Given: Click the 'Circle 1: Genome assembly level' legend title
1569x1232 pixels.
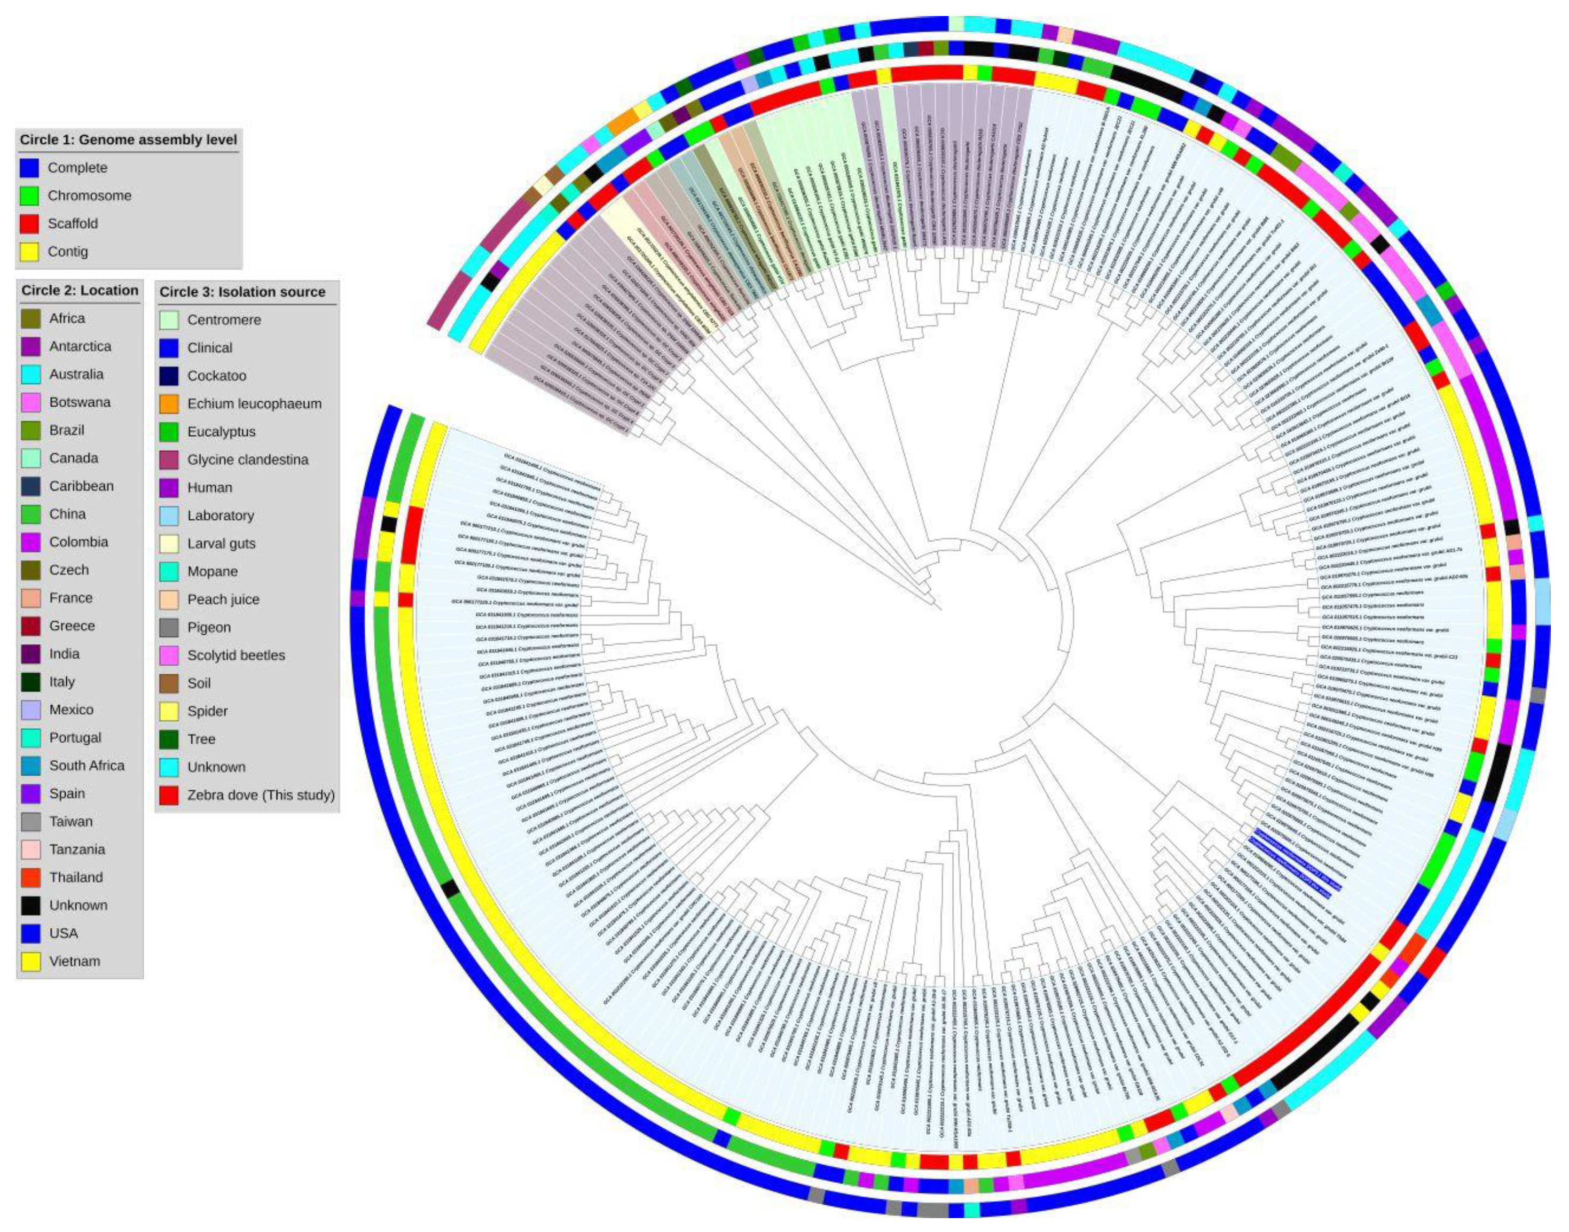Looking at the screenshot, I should (128, 140).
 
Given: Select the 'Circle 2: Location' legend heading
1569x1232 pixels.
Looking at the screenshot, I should (80, 290).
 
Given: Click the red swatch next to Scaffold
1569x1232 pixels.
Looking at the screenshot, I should (29, 224).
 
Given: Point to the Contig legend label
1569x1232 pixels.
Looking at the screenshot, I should (68, 252).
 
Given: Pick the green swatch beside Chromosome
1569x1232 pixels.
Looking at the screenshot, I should (29, 196).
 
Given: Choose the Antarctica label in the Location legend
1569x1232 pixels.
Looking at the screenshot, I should (80, 346).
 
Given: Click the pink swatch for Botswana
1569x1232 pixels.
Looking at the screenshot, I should (30, 402).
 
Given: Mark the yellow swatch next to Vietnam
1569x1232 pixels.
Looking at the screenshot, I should (30, 962).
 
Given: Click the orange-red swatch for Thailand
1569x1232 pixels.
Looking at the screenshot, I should (30, 878).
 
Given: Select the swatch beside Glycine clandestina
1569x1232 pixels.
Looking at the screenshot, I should (169, 460).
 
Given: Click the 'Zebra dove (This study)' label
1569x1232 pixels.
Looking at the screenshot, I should (261, 795).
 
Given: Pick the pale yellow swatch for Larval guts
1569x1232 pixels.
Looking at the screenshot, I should (169, 544).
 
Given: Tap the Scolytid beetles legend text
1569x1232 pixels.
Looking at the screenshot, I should (236, 655).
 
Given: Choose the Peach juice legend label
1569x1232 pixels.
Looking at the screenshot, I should (223, 599).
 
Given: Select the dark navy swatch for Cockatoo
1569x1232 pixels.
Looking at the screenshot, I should (169, 376).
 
